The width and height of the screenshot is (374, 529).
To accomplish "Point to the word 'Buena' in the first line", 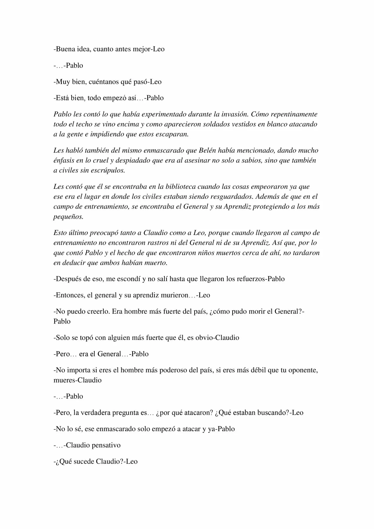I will (x=65, y=49).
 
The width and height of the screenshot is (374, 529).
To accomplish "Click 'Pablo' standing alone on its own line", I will (x=62, y=321).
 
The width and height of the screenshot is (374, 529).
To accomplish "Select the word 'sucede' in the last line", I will (x=84, y=462).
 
